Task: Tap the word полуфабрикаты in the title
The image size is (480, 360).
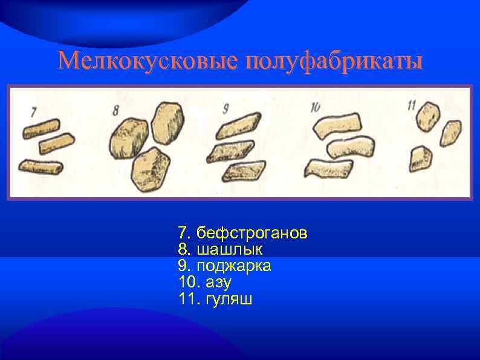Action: point(334,61)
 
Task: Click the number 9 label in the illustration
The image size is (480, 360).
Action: point(225,108)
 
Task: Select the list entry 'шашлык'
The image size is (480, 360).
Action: point(229,249)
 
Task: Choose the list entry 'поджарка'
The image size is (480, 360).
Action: point(233,266)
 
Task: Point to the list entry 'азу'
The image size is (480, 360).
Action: point(218,282)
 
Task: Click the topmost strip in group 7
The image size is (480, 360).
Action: point(41,128)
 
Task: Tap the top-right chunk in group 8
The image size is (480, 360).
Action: point(168,120)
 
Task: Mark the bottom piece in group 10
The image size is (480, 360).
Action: point(329,167)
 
